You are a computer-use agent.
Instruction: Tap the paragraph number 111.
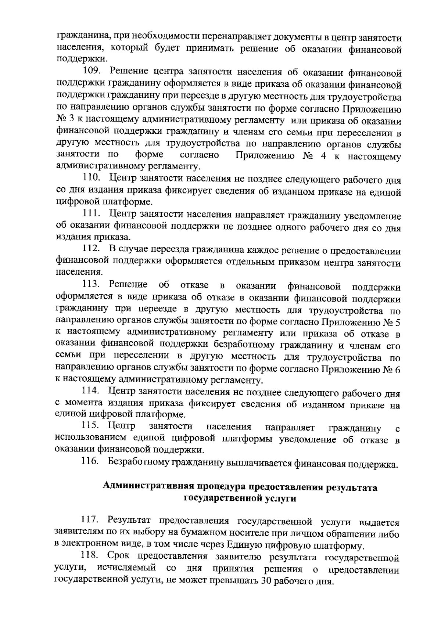coord(92,215)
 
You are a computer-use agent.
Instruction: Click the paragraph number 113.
coord(92,285)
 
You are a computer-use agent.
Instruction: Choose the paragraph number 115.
coord(92,427)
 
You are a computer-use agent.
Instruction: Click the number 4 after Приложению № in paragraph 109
coord(323,156)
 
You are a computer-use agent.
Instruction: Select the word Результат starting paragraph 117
coord(130,521)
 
